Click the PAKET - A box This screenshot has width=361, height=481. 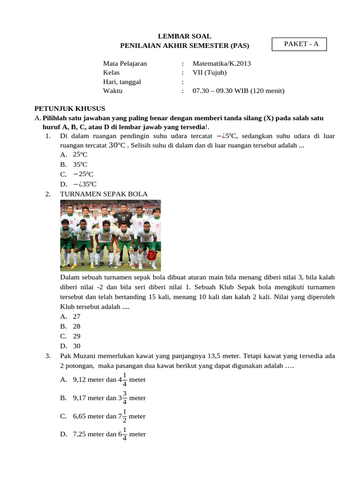(x=299, y=44)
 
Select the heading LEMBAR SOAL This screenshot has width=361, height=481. (x=184, y=36)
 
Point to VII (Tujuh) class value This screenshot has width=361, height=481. (x=210, y=72)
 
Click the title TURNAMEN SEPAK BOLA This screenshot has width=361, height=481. (x=104, y=194)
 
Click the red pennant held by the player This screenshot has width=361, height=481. (x=152, y=256)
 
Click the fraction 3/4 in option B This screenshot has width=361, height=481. (x=125, y=397)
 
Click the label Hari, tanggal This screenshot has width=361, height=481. (x=122, y=82)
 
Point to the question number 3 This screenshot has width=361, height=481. (x=48, y=356)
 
